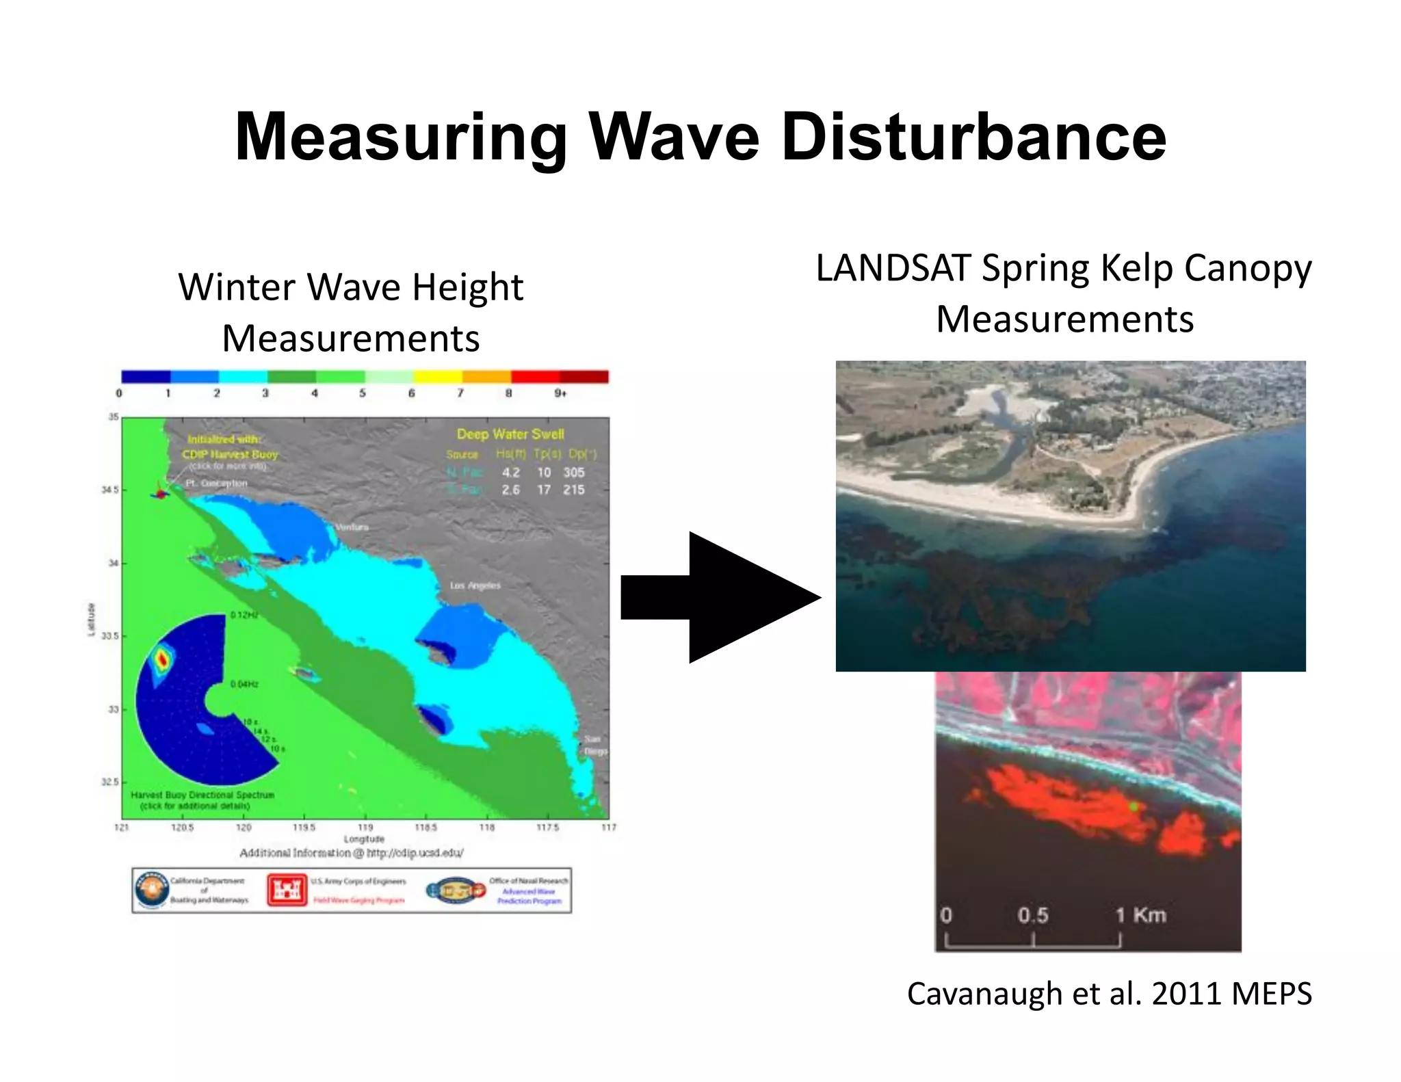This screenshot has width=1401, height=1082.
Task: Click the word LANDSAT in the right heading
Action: pos(893,268)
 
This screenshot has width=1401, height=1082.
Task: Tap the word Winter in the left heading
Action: pos(237,287)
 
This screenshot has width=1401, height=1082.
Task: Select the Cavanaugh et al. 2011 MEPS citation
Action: pos(1109,994)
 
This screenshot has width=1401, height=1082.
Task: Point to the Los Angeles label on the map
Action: pos(475,585)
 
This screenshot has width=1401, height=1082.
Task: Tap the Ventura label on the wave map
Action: pos(352,527)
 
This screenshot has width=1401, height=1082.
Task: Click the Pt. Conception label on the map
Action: pos(216,483)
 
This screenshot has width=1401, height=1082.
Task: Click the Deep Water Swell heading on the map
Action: pos(510,434)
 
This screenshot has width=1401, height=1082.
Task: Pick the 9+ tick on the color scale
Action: pos(560,393)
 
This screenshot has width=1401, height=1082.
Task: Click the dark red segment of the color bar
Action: pos(584,377)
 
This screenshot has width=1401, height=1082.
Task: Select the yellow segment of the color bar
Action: pos(438,377)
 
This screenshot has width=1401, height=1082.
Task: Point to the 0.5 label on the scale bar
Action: pos(1032,915)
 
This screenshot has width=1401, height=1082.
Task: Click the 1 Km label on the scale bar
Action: pos(1140,915)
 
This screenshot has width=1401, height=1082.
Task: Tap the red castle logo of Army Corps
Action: pos(287,890)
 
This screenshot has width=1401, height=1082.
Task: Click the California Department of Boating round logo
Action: pos(151,890)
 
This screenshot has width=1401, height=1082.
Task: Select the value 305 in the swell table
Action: pos(573,473)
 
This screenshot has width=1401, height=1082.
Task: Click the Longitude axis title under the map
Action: pos(364,839)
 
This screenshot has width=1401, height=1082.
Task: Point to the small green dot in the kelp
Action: pos(1134,807)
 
